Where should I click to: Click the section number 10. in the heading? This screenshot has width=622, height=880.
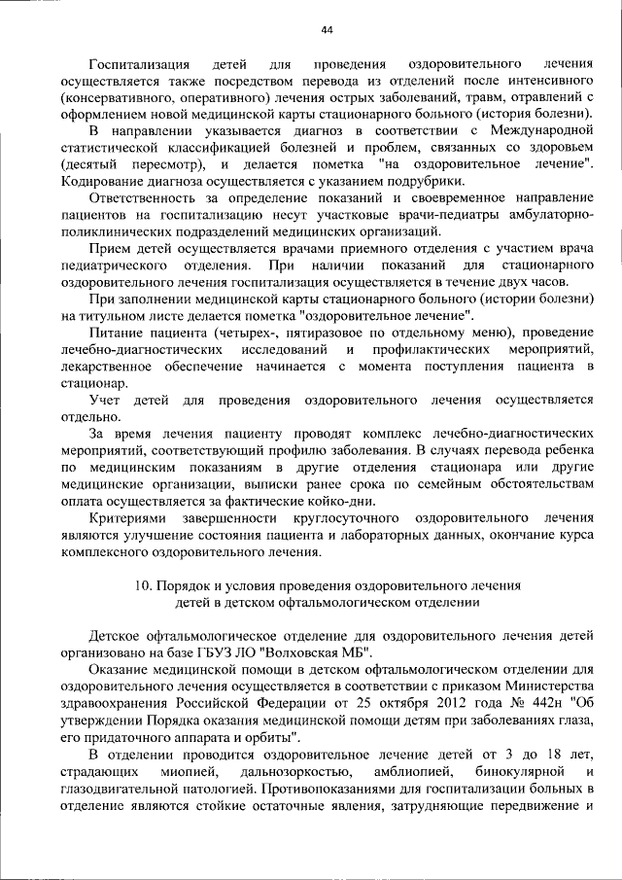pyautogui.click(x=141, y=586)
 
